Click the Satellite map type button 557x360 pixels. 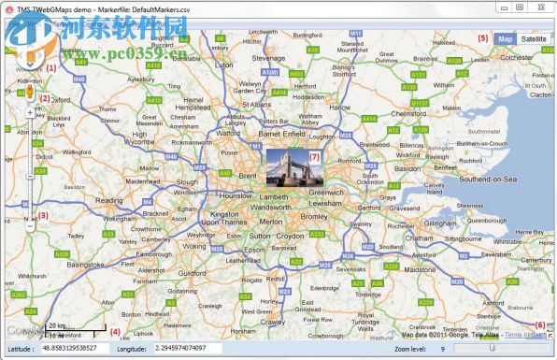[x=534, y=38]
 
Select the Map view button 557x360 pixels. [x=506, y=38]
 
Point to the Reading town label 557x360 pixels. [x=109, y=200]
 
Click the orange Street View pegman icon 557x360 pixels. [x=30, y=93]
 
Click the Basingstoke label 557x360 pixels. [x=85, y=264]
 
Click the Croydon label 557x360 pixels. [x=290, y=237]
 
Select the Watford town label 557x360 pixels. [x=227, y=133]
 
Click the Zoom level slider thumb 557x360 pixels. [x=492, y=349]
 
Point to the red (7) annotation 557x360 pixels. [x=314, y=157]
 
